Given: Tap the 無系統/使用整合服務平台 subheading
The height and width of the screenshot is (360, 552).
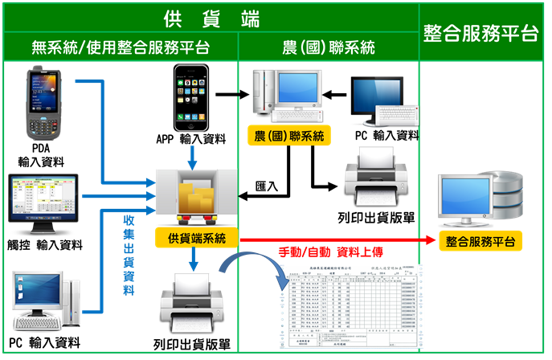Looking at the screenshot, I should tap(120, 47).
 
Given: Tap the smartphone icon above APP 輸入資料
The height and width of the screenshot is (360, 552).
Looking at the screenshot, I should tap(191, 96).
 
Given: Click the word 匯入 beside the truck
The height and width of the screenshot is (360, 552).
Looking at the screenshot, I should tap(266, 186).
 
